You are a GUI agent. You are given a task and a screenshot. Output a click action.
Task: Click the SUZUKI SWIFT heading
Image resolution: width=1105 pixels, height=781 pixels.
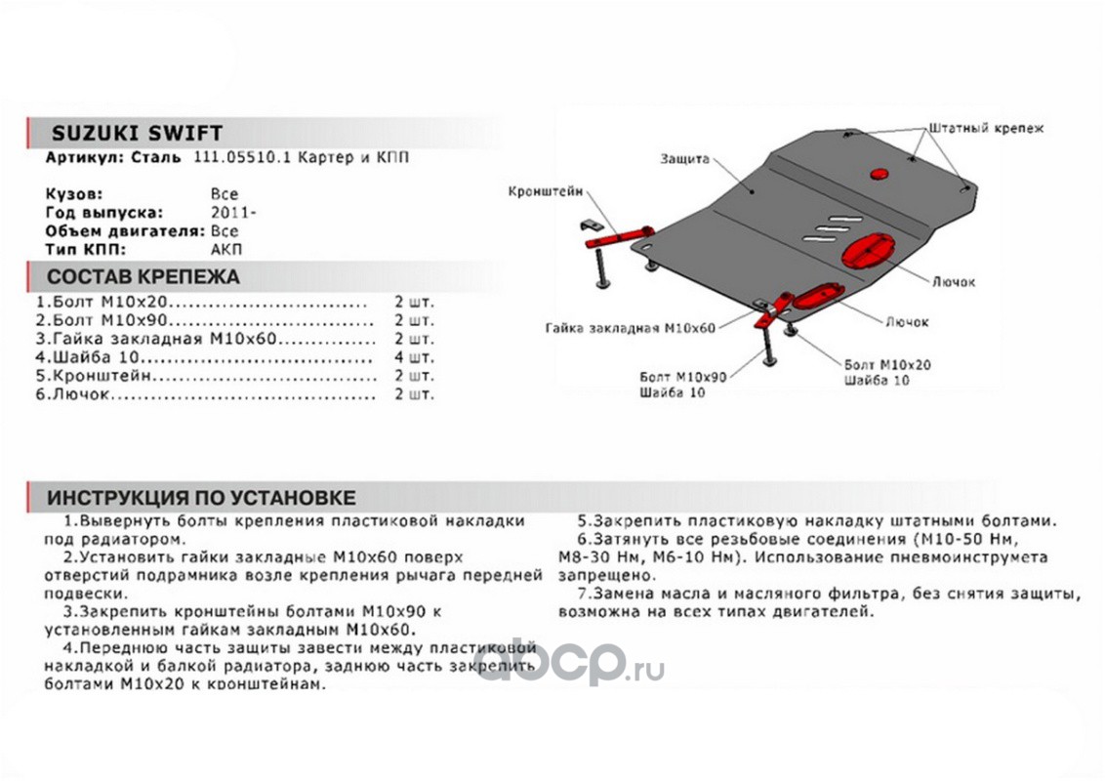[136, 134]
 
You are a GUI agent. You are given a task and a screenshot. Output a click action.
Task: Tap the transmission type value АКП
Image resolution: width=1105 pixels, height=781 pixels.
[227, 249]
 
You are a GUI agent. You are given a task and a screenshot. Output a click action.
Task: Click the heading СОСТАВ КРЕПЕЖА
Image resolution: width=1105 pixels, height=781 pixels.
[143, 276]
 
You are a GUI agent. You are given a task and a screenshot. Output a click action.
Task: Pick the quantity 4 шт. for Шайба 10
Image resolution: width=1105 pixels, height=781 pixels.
[414, 357]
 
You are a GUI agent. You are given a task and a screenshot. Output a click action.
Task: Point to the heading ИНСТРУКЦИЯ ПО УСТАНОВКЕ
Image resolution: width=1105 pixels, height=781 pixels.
[202, 498]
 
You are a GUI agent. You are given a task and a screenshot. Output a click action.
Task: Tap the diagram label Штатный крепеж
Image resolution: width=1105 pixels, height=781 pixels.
[986, 128]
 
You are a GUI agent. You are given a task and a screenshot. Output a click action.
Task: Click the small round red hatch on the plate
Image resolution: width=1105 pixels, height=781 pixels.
[879, 175]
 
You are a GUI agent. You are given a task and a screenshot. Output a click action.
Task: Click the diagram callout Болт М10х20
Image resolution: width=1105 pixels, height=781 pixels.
[887, 364]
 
